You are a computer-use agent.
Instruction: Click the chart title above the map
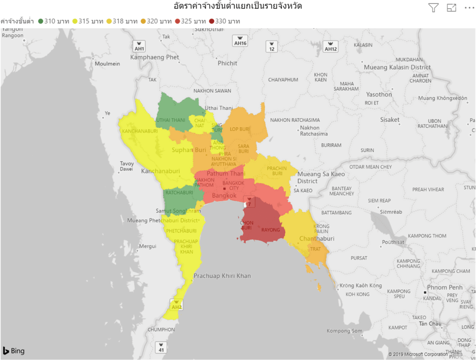[238, 7]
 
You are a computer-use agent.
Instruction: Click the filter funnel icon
[433, 8]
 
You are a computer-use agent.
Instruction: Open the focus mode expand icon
[451, 8]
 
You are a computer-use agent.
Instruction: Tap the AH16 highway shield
[240, 41]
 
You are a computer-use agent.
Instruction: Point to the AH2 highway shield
[177, 305]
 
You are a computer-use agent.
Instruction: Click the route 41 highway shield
[161, 348]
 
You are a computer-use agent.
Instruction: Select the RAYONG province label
[271, 230]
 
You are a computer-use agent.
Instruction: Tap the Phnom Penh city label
[444, 287]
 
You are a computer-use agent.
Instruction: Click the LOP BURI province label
[240, 129]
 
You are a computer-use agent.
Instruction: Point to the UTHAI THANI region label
[170, 120]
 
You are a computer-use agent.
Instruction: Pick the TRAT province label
[316, 249]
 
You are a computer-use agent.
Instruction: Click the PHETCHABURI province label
[181, 231]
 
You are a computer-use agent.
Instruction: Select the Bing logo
[14, 351]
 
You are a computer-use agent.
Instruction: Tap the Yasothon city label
[379, 95]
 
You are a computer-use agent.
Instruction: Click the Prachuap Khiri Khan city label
[222, 276]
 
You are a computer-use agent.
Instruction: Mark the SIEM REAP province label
[379, 201]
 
